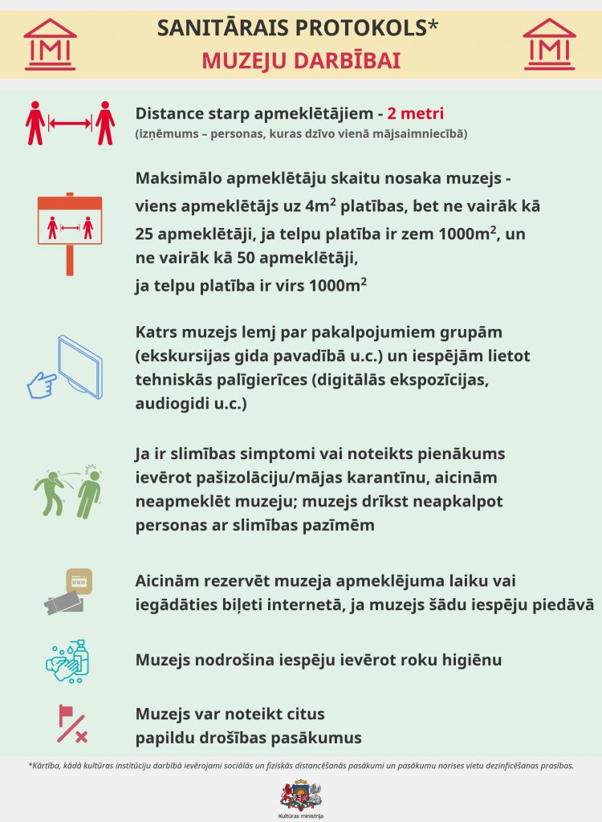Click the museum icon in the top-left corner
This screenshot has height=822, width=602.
point(50,44)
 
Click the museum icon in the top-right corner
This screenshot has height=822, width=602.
point(550,44)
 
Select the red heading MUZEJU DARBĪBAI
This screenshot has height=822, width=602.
point(301,61)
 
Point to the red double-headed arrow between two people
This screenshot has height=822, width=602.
point(70,124)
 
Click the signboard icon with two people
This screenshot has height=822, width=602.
point(71,230)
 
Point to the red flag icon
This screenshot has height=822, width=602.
point(71,722)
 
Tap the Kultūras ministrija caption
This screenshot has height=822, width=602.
point(301,816)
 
